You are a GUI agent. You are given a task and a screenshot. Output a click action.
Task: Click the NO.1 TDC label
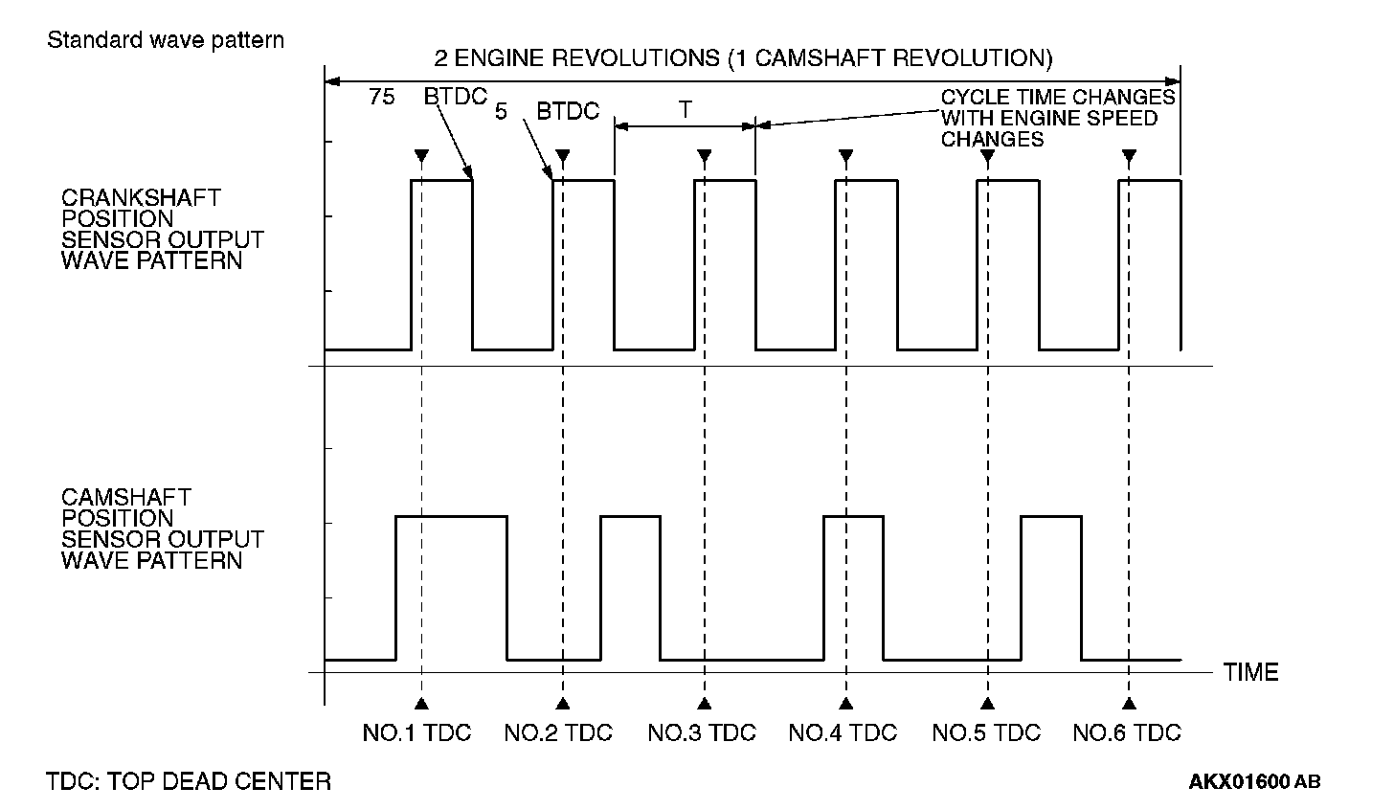pos(417,733)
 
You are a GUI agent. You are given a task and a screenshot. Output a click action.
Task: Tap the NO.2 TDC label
pos(558,733)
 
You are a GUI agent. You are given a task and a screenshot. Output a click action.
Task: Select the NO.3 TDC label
pos(702,733)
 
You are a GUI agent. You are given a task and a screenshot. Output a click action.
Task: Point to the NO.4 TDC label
pos(843,733)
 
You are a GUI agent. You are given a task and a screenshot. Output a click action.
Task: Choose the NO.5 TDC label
pos(986,733)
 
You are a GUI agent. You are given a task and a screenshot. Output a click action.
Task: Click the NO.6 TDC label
pos(1127,733)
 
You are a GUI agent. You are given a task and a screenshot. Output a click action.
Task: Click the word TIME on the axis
pos(1250,672)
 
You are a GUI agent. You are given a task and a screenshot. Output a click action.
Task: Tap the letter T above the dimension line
pos(686,110)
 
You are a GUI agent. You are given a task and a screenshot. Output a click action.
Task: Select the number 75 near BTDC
pos(382,97)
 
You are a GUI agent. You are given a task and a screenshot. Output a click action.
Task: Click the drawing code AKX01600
pos(1240,782)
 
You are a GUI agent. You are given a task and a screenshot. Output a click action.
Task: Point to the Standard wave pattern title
pos(166,40)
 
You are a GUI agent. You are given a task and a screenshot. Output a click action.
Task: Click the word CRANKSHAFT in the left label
pos(141,197)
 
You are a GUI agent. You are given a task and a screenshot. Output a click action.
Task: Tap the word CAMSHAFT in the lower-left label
pos(126,497)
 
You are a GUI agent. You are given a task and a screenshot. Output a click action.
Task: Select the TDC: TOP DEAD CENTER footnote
pos(189,781)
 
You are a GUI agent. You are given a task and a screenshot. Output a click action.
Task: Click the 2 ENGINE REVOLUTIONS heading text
pos(743,58)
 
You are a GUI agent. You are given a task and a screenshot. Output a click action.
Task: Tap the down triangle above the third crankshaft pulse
pos(705,156)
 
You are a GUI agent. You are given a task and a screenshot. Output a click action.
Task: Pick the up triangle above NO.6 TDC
pos(1130,704)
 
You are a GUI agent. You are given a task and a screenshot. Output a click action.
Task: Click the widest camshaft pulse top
pos(451,517)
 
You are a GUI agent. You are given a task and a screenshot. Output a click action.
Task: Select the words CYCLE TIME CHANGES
pos(1058,98)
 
